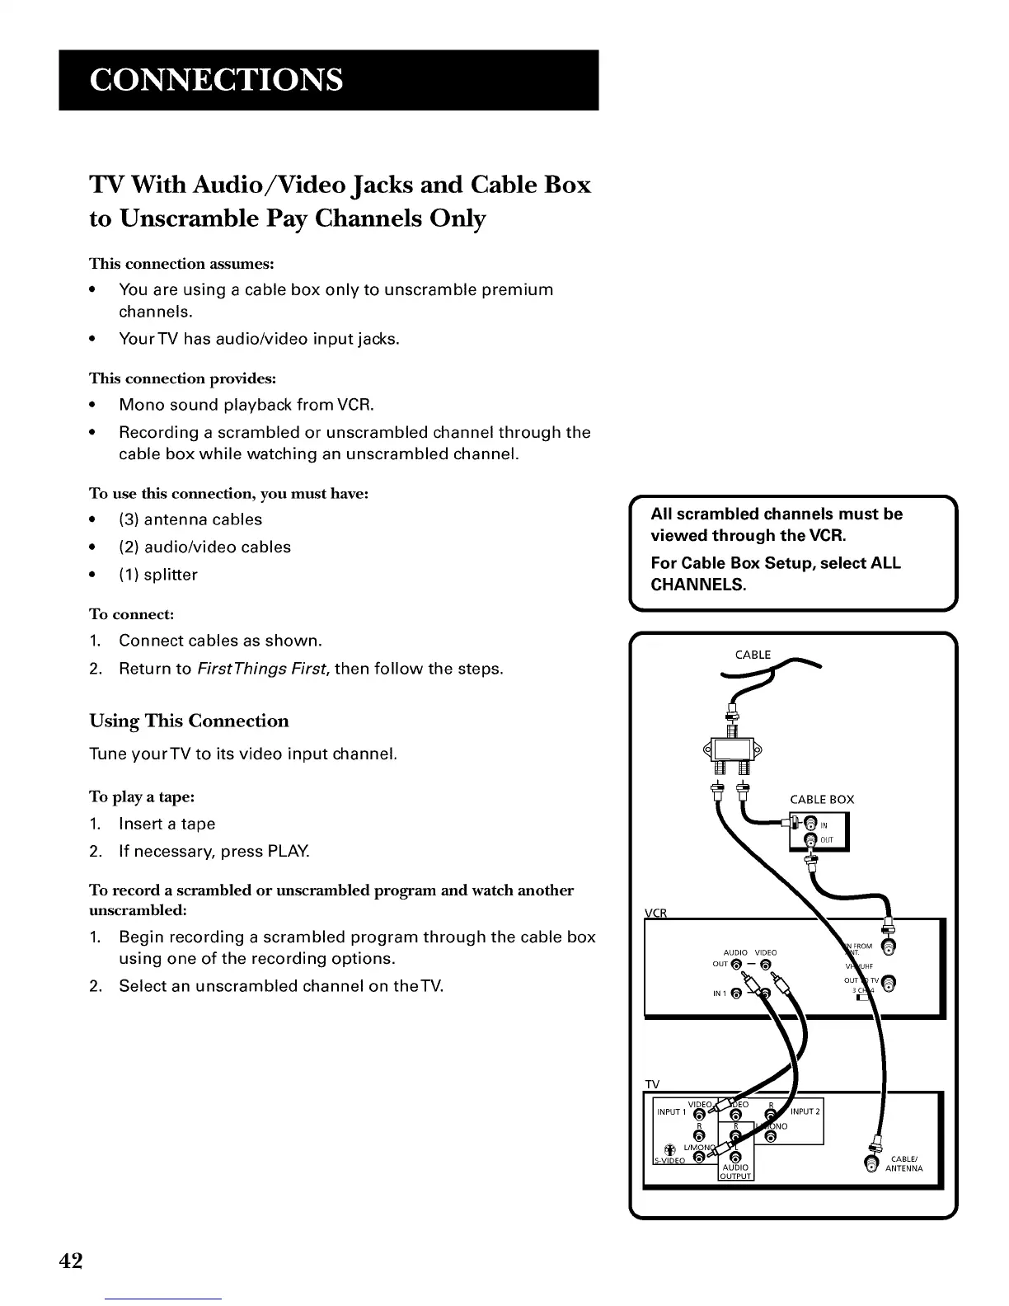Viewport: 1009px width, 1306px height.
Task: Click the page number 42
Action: pyautogui.click(x=71, y=1260)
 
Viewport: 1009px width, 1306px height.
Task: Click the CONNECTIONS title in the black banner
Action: pyautogui.click(x=217, y=80)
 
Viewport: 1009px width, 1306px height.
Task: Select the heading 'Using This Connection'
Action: pyautogui.click(x=189, y=721)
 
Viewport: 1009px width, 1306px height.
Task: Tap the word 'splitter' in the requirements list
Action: pyautogui.click(x=171, y=575)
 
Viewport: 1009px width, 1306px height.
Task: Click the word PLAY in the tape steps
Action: pyautogui.click(x=289, y=851)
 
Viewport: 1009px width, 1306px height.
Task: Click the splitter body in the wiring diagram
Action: pyautogui.click(x=731, y=750)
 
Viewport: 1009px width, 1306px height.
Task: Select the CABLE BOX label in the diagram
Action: pyautogui.click(x=821, y=799)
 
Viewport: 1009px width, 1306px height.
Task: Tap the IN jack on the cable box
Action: pyautogui.click(x=810, y=823)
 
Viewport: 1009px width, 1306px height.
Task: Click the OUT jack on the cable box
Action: pyautogui.click(x=810, y=840)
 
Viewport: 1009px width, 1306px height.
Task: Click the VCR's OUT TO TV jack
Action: pyautogui.click(x=887, y=982)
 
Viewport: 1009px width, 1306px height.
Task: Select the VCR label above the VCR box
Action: pyautogui.click(x=655, y=912)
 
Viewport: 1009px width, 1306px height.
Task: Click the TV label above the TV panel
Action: pyautogui.click(x=652, y=1083)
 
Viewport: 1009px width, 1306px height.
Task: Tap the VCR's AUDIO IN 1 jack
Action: pyautogui.click(x=736, y=993)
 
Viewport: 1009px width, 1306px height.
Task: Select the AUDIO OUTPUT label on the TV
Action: pyautogui.click(x=734, y=1172)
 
